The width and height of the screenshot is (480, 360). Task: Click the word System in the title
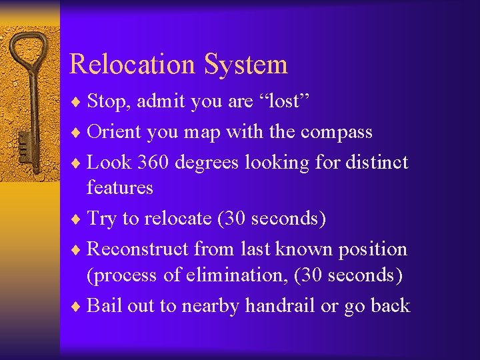[246, 65]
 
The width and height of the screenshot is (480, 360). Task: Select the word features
[120, 188]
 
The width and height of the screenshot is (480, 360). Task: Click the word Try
[102, 219]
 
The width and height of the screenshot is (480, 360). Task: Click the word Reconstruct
[139, 249]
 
